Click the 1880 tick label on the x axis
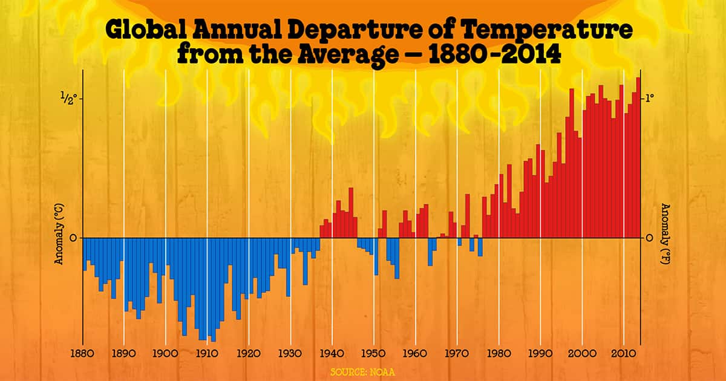(82, 353)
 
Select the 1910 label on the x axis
(206, 353)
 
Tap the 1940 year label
(332, 353)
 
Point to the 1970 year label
(457, 353)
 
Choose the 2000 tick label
(581, 353)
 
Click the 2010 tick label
(623, 353)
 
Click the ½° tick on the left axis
(68, 99)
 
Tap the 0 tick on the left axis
(73, 238)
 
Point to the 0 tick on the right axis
(649, 238)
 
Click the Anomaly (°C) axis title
(60, 235)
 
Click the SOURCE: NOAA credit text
(363, 370)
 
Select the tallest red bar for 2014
(638, 157)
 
